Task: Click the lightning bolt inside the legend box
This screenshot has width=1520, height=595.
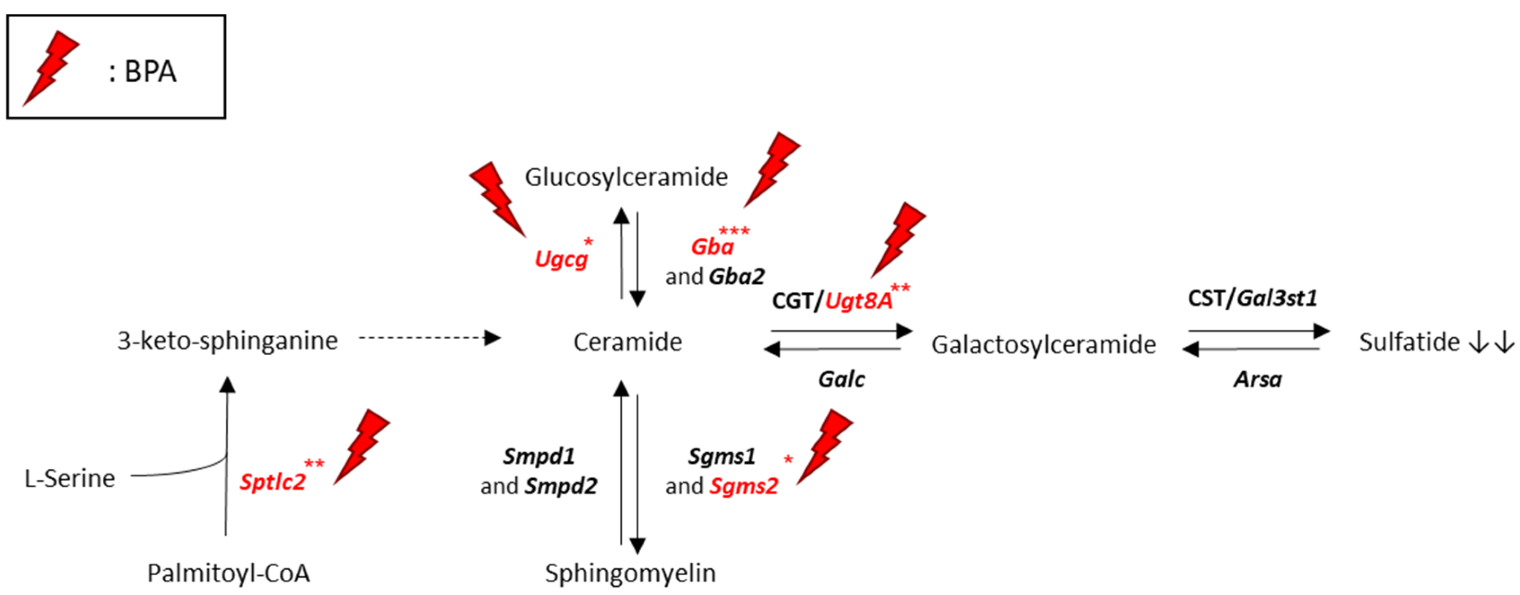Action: [x=51, y=68]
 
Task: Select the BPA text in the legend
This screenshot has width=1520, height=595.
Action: [x=150, y=72]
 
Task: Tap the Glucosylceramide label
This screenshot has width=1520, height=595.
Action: [x=626, y=177]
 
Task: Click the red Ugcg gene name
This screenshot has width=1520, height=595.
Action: [x=561, y=259]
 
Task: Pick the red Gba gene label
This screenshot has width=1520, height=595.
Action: [x=712, y=247]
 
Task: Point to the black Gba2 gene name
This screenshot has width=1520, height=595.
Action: [x=737, y=276]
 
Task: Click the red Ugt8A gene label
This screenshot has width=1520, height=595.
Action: [x=859, y=301]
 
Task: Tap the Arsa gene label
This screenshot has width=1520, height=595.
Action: [x=1257, y=379]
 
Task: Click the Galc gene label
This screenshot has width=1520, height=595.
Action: [x=841, y=379]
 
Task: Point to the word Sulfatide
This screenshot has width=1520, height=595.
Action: [x=1409, y=342]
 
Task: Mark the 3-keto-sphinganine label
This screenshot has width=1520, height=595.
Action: [x=228, y=340]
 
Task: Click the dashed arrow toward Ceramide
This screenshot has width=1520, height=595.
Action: [x=430, y=338]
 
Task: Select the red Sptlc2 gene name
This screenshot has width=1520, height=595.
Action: [x=272, y=482]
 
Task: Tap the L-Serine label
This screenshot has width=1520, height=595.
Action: [x=70, y=478]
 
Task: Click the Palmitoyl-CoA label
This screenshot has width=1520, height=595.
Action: [x=228, y=573]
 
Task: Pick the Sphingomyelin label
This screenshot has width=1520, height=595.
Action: [x=630, y=573]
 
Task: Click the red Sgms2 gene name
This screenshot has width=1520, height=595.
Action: [x=743, y=486]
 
